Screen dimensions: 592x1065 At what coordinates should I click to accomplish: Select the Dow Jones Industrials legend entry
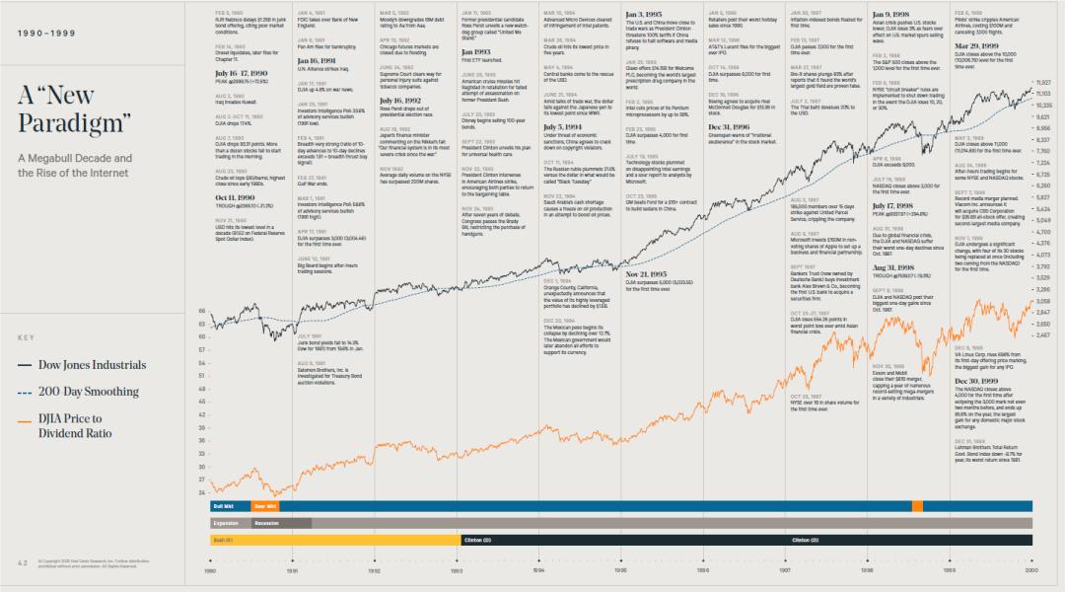(x=92, y=365)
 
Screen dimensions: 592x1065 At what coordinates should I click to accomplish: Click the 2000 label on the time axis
(x=1031, y=570)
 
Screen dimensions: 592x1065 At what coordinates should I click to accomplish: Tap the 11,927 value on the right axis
(x=1043, y=83)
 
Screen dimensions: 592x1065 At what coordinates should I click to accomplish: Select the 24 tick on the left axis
(x=202, y=491)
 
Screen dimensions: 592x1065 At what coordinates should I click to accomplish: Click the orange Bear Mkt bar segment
(x=264, y=505)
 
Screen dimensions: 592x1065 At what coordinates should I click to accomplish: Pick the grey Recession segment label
(x=266, y=523)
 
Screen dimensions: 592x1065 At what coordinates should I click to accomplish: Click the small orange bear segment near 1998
(x=917, y=505)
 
